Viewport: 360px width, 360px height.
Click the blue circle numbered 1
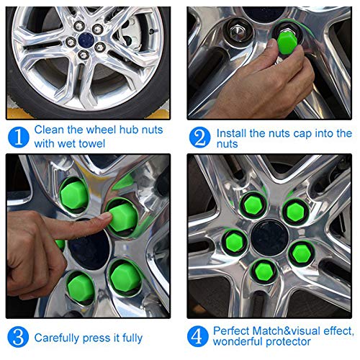[x=19, y=138]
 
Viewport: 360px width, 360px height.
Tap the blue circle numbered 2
[x=199, y=138]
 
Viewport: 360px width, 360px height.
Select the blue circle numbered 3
[x=18, y=336]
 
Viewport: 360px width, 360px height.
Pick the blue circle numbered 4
[x=197, y=336]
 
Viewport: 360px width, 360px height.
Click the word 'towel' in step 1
[x=92, y=143]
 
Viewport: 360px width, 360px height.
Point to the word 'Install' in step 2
[x=231, y=133]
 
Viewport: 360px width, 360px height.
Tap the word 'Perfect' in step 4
[x=231, y=330]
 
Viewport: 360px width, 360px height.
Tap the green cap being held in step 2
[x=287, y=42]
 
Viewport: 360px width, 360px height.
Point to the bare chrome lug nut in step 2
[x=237, y=32]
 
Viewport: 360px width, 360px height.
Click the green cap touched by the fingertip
[x=122, y=217]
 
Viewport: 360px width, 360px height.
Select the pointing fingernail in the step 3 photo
[x=105, y=216]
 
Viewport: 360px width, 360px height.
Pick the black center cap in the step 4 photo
[x=269, y=238]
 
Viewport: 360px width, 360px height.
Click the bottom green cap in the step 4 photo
[x=264, y=271]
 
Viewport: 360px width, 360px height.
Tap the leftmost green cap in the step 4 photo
[x=235, y=241]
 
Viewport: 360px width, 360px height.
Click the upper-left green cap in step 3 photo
[x=74, y=194]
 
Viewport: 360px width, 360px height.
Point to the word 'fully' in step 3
[x=132, y=338]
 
